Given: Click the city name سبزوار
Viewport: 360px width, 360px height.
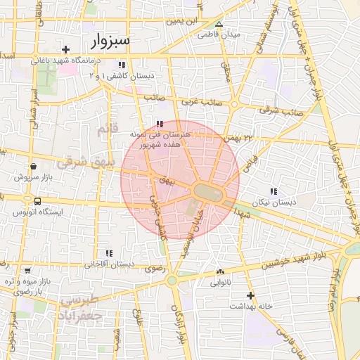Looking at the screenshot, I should coord(110,40).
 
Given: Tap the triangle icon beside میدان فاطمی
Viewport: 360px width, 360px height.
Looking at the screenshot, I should coord(218,24).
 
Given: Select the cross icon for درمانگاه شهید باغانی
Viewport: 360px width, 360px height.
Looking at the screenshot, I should coord(65,49).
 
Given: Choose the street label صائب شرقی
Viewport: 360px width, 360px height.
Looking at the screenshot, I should coord(280,110).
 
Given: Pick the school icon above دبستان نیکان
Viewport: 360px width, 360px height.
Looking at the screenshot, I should coord(274,191).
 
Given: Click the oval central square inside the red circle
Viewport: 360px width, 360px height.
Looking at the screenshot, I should coord(207,191).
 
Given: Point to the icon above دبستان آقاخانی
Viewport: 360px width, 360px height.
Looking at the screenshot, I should coord(108,253).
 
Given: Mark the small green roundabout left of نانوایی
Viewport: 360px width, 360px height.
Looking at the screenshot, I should coord(172,281).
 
